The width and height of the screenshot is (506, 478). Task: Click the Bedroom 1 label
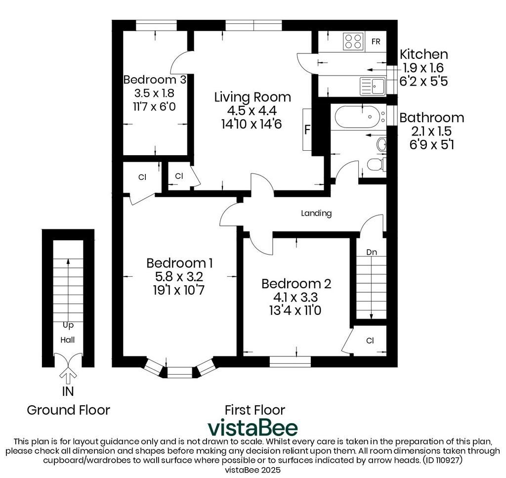point(179,263)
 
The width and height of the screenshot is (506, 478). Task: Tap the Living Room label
point(253,97)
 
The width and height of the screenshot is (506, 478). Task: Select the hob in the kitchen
point(353,42)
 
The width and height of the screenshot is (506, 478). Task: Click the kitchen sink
point(373,86)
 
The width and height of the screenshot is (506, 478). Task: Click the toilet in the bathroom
point(376,164)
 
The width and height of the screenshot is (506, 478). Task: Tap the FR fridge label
point(376,42)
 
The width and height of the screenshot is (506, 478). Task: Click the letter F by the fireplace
point(307,130)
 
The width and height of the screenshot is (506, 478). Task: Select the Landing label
point(316,214)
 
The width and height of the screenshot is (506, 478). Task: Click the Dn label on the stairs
point(372,252)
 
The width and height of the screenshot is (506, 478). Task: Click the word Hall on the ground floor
point(68,340)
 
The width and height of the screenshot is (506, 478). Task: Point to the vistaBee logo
point(253,428)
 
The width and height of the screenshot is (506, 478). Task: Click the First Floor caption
point(255,410)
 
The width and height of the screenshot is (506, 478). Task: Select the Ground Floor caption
point(68,410)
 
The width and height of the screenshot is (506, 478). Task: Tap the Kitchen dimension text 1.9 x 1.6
point(423,68)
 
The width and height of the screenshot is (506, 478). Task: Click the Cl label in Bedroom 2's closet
point(370,341)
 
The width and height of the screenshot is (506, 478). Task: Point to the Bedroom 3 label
point(155,80)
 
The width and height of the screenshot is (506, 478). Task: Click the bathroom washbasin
point(381,144)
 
